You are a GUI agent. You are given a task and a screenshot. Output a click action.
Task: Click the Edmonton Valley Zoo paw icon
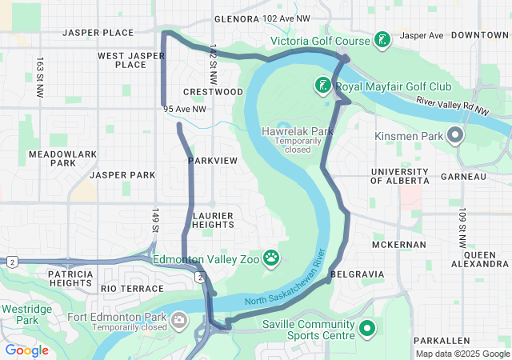272,258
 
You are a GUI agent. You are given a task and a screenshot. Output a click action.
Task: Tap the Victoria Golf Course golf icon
382,40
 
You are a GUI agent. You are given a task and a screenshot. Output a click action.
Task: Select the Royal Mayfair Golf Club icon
322,86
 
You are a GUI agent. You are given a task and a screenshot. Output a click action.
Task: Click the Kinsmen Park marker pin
455,135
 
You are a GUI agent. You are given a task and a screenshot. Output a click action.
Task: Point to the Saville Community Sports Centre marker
367,328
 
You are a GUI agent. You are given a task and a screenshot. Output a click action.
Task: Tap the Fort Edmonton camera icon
179,320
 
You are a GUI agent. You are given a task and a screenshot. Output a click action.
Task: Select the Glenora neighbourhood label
237,18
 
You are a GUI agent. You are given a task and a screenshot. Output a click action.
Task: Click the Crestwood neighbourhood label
213,92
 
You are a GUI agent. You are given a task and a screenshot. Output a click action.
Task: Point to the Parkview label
213,161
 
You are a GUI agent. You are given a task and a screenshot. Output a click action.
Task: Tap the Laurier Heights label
213,220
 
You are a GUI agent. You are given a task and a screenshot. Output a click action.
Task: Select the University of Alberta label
401,178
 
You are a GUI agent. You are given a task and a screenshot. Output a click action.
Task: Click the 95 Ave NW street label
184,109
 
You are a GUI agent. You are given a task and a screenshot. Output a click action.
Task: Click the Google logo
26,350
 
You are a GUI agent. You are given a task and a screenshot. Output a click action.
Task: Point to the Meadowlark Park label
52,158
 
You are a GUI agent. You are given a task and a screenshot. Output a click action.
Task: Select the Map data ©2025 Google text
462,354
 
